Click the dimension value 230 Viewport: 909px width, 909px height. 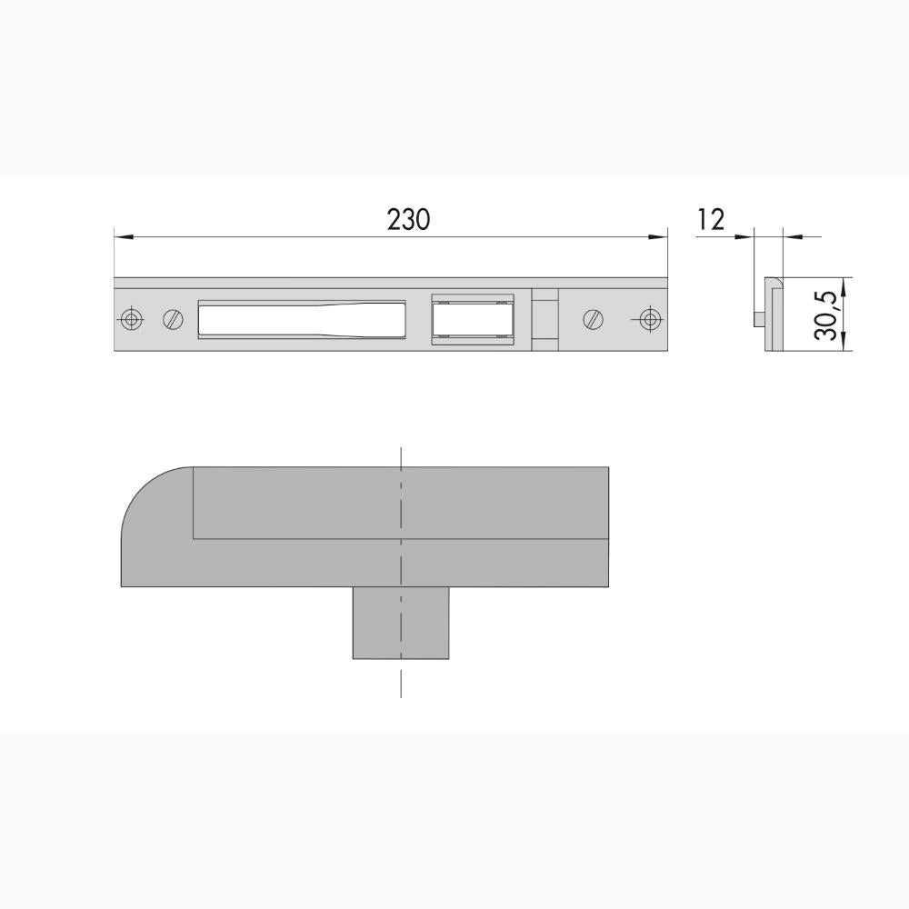[x=409, y=220]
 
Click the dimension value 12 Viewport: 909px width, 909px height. [x=712, y=220]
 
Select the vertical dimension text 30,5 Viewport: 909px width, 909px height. [x=825, y=316]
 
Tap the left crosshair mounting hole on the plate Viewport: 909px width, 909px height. [x=132, y=319]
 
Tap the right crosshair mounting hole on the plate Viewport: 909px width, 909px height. [x=651, y=319]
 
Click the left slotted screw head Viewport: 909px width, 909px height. [x=173, y=319]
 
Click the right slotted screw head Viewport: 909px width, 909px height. [x=593, y=319]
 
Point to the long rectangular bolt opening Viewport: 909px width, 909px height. [x=302, y=319]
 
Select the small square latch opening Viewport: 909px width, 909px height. [x=473, y=319]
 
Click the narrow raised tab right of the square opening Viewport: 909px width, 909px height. [x=545, y=319]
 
